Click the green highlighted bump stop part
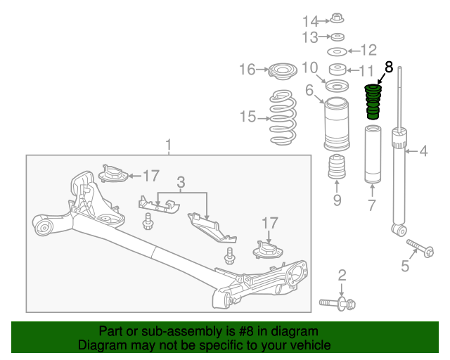[373, 102]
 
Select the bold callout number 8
[388, 67]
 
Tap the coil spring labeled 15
[283, 117]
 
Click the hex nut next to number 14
[337, 18]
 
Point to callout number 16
[247, 70]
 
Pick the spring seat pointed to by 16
[283, 71]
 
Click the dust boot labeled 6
[337, 124]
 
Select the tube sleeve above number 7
[373, 154]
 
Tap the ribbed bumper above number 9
[337, 167]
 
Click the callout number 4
[423, 151]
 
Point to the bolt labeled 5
[420, 249]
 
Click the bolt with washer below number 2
[337, 304]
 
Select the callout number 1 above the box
[169, 145]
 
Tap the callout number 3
[181, 182]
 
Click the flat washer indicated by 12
[337, 51]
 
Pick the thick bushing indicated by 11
[337, 70]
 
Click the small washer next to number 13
[337, 37]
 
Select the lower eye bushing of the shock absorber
[399, 229]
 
